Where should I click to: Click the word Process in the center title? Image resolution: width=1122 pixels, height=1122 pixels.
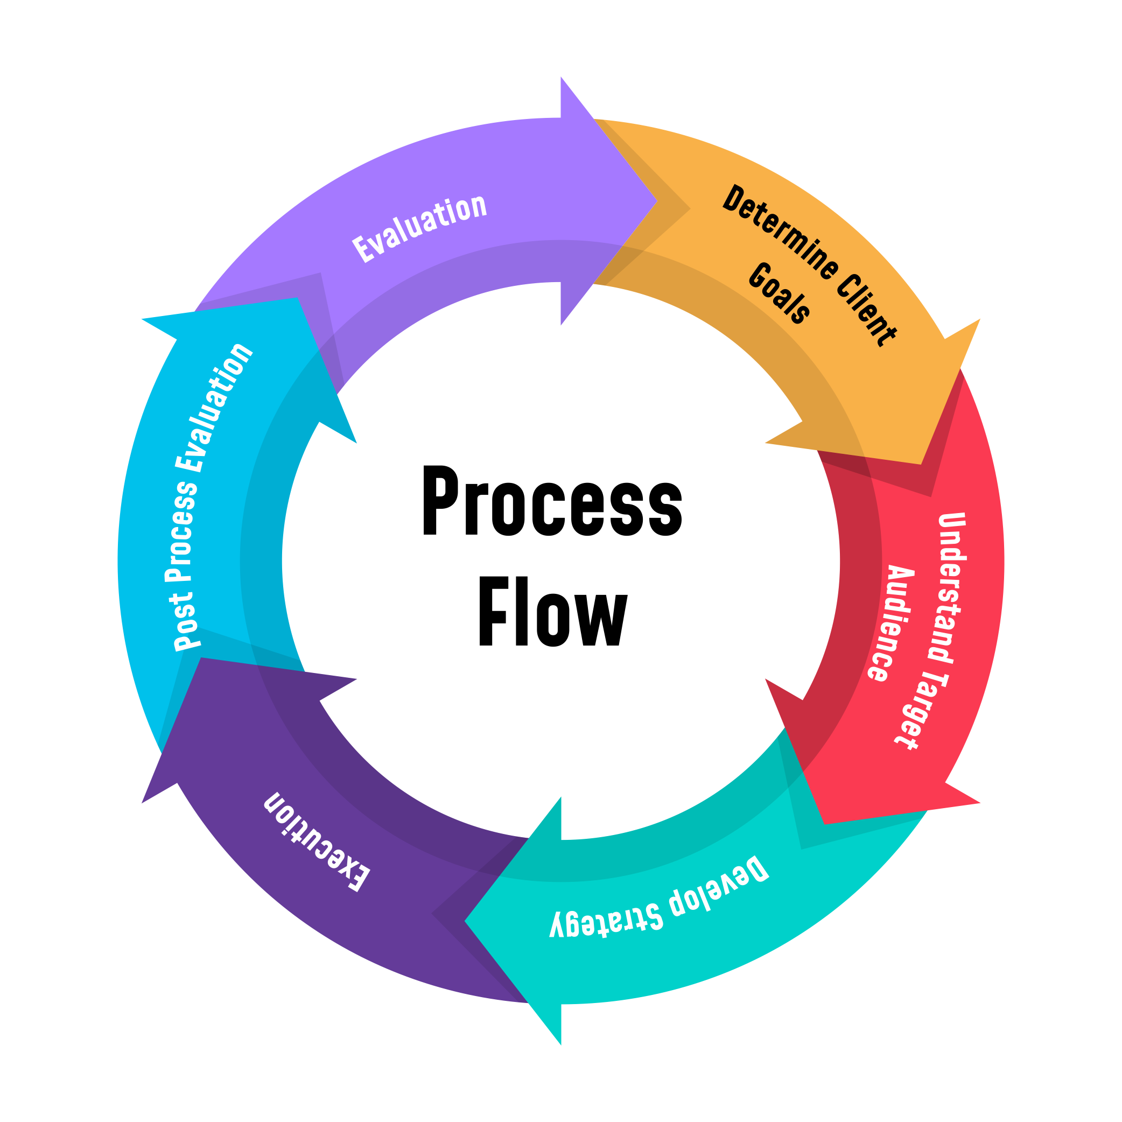coord(552,501)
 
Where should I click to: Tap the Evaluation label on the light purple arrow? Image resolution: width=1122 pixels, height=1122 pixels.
coord(419,227)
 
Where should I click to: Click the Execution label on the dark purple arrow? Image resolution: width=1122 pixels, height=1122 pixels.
coord(317,841)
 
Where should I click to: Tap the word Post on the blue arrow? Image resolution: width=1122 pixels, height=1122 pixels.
coord(185,620)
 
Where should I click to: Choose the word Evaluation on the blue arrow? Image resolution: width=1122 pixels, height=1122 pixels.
coord(215,406)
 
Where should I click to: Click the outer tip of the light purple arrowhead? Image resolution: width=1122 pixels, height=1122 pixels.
coord(562,77)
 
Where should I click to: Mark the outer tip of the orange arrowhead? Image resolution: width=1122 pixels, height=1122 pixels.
coord(980,319)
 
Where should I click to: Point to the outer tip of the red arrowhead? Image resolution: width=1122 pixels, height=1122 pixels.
coord(980,803)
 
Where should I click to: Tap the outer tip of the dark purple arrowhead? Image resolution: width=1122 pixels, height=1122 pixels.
coord(142,803)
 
